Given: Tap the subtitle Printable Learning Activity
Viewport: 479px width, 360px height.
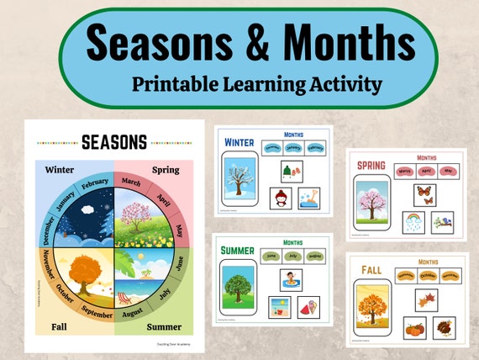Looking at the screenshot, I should (257, 83).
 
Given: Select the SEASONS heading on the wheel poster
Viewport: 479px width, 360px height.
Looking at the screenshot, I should (114, 142).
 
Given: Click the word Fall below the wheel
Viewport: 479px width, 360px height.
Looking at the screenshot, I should (58, 326).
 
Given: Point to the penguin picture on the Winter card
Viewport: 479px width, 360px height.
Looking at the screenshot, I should (281, 199).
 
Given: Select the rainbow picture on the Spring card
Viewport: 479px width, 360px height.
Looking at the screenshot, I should (413, 222).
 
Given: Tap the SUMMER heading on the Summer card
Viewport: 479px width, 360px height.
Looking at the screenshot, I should (238, 251).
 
